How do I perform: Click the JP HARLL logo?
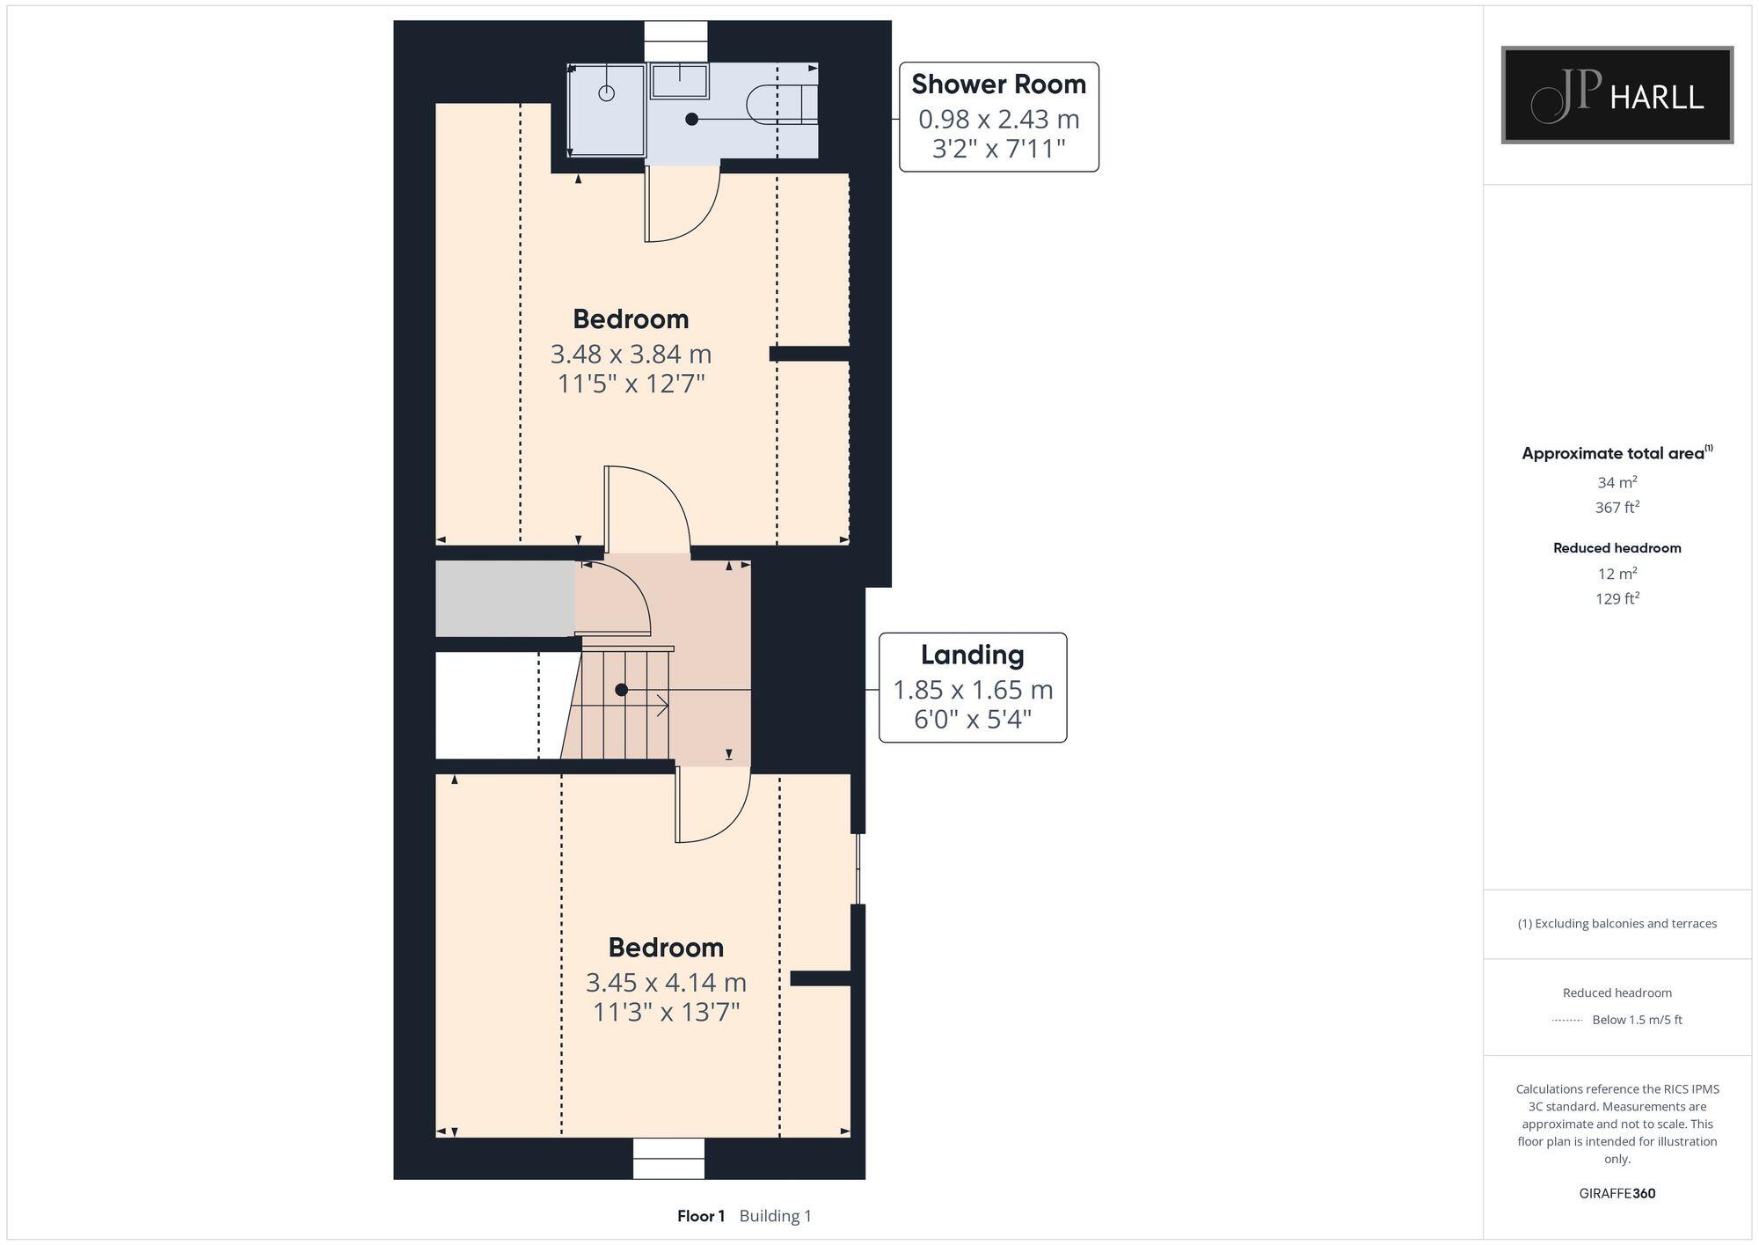coord(1617,95)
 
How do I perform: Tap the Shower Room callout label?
coord(998,116)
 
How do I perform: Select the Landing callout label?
coord(973,687)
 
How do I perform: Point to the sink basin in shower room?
coord(679,81)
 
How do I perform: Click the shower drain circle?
coord(607,93)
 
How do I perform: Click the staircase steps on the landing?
coord(620,704)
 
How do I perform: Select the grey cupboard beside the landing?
coord(505,598)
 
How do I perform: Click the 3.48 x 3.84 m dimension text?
coord(631,354)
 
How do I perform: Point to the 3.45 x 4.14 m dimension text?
coord(666,982)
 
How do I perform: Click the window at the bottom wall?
coord(668,1158)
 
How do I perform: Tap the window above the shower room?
coord(675,41)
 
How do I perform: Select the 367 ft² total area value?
coord(1617,508)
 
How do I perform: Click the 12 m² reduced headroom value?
coord(1617,574)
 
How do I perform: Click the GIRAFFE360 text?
coord(1617,1194)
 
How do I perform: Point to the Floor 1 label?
coord(700,1216)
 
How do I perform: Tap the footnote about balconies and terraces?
coord(1617,924)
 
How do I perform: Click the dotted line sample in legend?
coord(1567,1021)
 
